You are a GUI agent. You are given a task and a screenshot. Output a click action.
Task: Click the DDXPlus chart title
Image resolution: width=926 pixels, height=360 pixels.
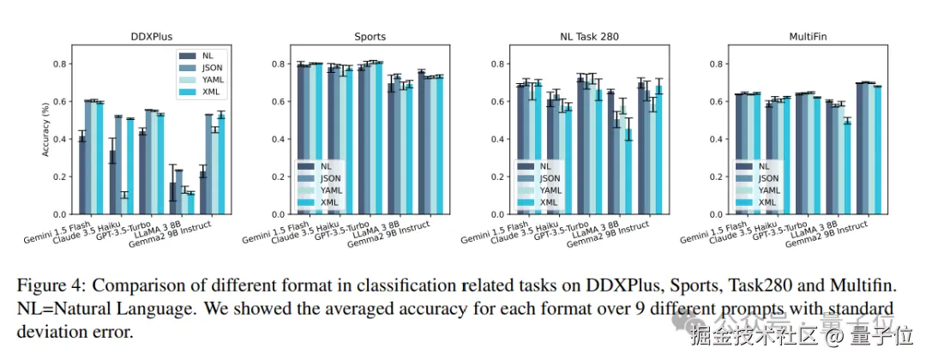click(x=151, y=37)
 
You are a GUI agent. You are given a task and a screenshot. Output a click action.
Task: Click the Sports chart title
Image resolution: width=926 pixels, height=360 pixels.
click(x=370, y=37)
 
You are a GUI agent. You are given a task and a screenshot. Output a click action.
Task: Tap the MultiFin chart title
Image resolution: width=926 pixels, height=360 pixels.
click(x=807, y=37)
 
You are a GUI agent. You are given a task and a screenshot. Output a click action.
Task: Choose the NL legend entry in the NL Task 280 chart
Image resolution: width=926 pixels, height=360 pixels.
click(x=546, y=166)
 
